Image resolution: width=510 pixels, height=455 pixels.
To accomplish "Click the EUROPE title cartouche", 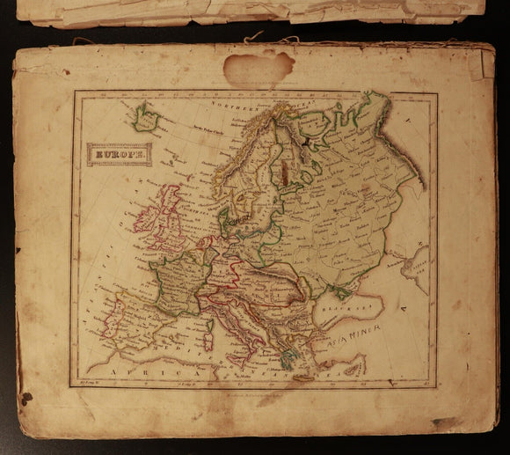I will tap(119, 156).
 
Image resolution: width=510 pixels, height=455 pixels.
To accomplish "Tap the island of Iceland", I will tap(146, 116).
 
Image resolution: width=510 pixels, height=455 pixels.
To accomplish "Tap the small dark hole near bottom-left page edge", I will tap(25, 398).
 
